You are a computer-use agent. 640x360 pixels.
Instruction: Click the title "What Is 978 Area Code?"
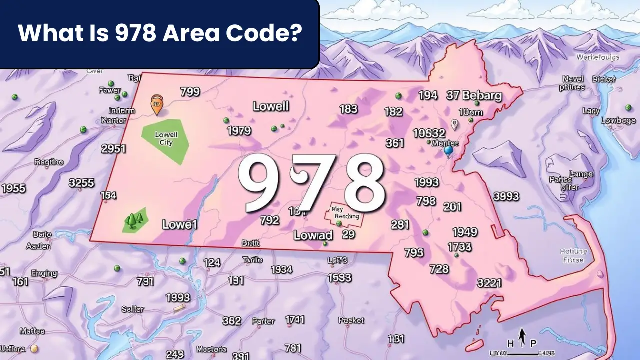coord(159,33)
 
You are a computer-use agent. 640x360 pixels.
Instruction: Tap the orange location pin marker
coord(157,105)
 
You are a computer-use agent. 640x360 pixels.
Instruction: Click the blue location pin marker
coord(448,150)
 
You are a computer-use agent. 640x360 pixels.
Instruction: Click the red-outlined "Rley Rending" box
coord(345,213)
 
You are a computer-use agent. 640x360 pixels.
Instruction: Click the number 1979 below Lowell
coord(239,131)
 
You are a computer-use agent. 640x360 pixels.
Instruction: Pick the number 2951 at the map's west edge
coord(113,149)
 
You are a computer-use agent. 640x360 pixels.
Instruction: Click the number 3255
coord(81,183)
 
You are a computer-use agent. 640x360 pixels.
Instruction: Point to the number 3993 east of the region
coord(507,196)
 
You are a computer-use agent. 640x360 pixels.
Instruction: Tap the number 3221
coord(489,283)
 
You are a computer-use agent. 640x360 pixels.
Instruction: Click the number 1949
coord(465,232)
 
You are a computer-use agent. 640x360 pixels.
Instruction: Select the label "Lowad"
coord(313,236)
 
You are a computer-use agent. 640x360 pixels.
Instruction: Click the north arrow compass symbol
coord(522,337)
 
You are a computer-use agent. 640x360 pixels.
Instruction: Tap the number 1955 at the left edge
coord(13,188)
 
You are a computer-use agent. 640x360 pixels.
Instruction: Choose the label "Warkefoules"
coord(597,57)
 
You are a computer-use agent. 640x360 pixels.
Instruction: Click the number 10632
coord(429,133)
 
